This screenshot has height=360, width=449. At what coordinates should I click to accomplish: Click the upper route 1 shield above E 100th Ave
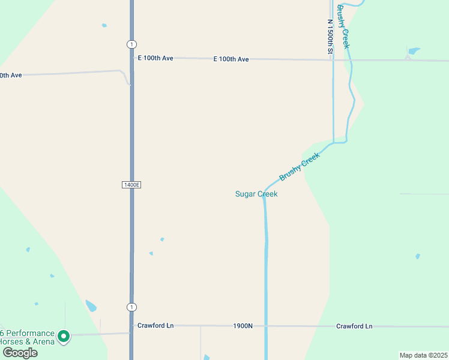coord(131,44)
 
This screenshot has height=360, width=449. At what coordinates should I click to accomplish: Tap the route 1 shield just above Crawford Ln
coord(131,307)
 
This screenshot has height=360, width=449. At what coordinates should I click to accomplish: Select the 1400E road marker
coord(131,185)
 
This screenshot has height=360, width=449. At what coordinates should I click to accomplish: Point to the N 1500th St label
coord(330,37)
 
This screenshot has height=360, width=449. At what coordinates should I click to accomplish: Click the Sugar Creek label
coord(256,194)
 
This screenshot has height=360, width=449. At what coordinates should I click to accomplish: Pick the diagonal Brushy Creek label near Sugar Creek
coord(300,166)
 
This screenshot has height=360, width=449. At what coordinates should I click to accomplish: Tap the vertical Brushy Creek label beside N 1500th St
coord(343,27)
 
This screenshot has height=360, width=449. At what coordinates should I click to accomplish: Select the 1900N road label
coord(243,326)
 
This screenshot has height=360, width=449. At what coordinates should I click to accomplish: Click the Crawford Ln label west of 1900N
coord(155,325)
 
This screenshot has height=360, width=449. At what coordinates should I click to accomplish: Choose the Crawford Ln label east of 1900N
coord(354,326)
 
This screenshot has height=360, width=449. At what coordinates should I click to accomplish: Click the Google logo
coord(20,353)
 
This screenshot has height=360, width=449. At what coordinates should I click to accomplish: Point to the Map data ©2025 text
coord(423,355)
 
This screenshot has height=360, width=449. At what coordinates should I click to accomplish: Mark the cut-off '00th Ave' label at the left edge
coord(11,75)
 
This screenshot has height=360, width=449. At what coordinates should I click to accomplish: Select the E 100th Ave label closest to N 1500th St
coord(231,59)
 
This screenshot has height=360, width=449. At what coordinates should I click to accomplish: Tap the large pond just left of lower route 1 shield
coord(91,305)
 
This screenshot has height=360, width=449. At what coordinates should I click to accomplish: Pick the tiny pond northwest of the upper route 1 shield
coord(104,25)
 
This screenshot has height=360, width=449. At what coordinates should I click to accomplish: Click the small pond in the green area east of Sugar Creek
coord(418,256)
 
